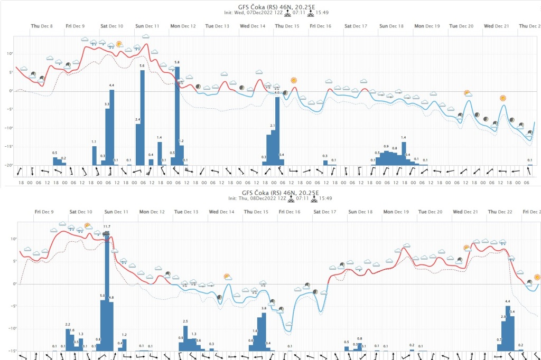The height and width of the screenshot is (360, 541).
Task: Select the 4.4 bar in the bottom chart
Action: (x=508, y=328)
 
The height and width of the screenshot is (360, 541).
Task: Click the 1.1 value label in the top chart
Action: (x=94, y=142)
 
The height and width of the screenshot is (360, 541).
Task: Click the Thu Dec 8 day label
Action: (x=42, y=26)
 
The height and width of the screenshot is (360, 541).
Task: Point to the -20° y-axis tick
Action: (x=9, y=165)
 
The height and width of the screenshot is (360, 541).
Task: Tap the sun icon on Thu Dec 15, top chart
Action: (x=293, y=80)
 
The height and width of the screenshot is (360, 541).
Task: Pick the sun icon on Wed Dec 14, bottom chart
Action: (x=227, y=276)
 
